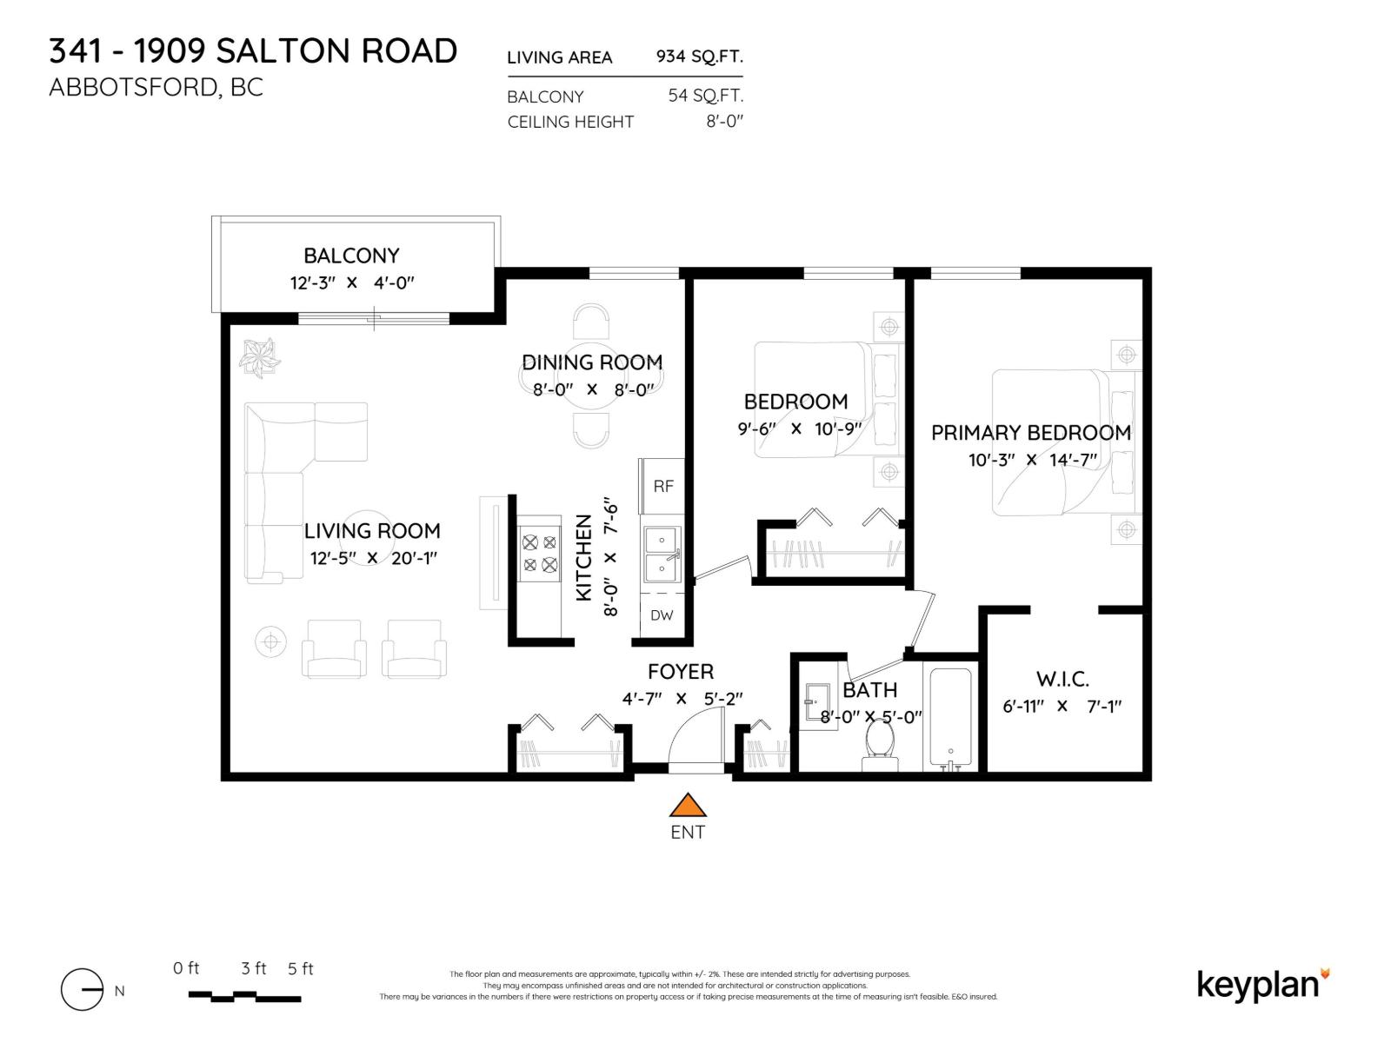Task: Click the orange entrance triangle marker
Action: coord(688,806)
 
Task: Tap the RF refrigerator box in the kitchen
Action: coord(662,486)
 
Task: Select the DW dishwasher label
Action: coord(662,615)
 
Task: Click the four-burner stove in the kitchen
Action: coord(539,554)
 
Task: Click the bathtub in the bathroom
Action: coord(950,717)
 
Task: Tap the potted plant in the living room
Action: coord(260,357)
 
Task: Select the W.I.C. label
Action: coord(1062,679)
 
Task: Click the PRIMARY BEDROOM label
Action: coord(1030,433)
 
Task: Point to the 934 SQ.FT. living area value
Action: coord(699,56)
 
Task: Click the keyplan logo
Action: coord(1261,985)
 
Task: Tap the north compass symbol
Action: coord(83,989)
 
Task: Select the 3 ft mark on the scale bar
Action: coord(254,968)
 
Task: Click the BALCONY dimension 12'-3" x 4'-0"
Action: coord(351,282)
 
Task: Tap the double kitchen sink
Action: coord(662,555)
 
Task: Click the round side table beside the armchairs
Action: coord(270,641)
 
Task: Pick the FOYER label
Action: coord(680,671)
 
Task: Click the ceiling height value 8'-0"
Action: coord(724,122)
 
